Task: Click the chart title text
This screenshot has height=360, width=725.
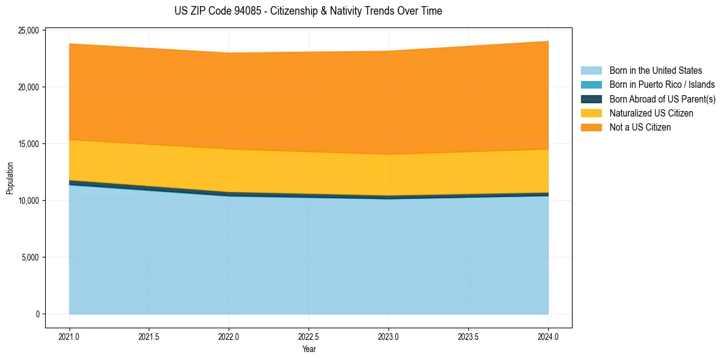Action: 308,11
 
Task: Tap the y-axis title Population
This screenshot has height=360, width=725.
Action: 10,178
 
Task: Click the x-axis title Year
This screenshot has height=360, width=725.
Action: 309,349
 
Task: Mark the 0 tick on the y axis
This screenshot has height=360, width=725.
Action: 37,314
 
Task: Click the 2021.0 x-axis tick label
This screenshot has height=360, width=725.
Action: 69,336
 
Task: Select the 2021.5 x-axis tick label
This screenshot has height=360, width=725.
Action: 149,336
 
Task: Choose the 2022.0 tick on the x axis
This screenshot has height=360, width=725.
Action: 229,336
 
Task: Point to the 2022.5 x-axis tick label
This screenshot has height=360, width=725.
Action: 309,336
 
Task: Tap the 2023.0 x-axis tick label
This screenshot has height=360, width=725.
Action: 388,336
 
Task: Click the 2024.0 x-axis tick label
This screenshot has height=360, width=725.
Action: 548,336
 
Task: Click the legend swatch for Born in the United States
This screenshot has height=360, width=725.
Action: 591,71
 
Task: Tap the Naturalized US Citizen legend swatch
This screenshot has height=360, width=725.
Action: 591,113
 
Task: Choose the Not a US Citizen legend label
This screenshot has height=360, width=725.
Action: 640,128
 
